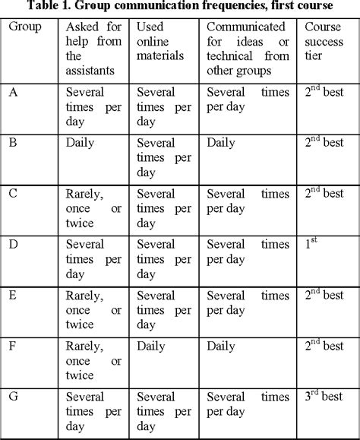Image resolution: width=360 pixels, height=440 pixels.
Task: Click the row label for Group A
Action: pos(13,93)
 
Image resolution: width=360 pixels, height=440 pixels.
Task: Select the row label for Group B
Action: pos(13,142)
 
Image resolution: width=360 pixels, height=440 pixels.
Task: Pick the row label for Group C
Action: pos(13,192)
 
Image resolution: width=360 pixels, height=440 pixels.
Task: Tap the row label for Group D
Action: pos(13,245)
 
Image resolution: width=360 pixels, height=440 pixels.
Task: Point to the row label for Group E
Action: pos(13,295)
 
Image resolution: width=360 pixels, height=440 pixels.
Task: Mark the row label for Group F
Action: pos(13,346)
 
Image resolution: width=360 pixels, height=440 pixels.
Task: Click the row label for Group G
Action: pos(13,396)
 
